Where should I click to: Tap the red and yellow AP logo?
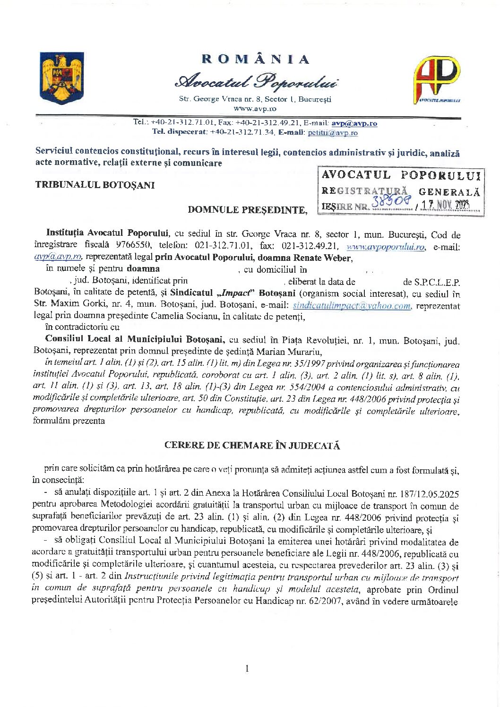[437, 79]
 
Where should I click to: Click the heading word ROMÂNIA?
[256, 59]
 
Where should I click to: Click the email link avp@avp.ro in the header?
[354, 123]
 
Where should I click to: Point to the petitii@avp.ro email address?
[333, 133]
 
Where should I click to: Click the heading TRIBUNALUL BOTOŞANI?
[95, 185]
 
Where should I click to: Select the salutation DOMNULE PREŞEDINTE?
[247, 209]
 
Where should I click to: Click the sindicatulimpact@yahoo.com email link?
[352, 306]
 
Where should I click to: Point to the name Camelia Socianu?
[180, 316]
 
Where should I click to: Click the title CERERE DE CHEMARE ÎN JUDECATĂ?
[252, 445]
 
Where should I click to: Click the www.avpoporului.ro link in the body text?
[386, 247]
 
